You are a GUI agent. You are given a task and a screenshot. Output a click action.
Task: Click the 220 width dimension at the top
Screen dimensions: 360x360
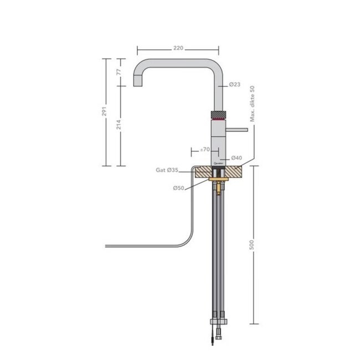click(x=178, y=48)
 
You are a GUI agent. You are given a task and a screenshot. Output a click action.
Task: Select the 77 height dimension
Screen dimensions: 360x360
click(x=118, y=71)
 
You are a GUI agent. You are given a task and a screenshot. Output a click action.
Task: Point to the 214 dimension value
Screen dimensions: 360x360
click(x=118, y=126)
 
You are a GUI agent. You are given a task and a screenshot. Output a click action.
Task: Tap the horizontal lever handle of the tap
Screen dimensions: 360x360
click(x=238, y=130)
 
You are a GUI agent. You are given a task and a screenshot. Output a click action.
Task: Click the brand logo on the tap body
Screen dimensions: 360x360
click(x=218, y=163)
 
